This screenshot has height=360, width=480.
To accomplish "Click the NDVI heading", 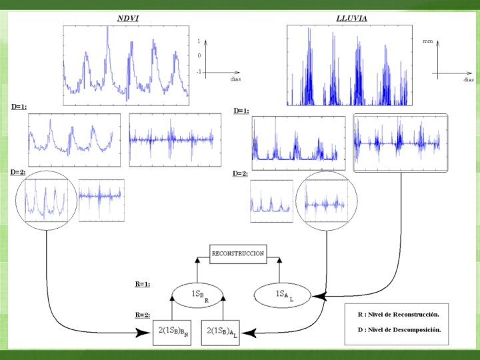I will click(128, 18).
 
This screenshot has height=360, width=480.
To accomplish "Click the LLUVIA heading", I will click(351, 18).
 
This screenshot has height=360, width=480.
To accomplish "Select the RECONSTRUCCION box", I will click(237, 253).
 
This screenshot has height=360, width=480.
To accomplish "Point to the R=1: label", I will click(142, 283).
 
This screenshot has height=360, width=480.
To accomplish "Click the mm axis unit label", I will click(427, 41).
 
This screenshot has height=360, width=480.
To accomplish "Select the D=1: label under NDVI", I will click(18, 105).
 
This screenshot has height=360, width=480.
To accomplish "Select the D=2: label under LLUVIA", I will click(240, 173).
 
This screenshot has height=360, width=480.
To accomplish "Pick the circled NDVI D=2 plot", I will click(45, 199).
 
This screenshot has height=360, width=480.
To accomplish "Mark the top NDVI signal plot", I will click(126, 65).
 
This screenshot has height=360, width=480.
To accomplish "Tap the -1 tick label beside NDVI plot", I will click(198, 71).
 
